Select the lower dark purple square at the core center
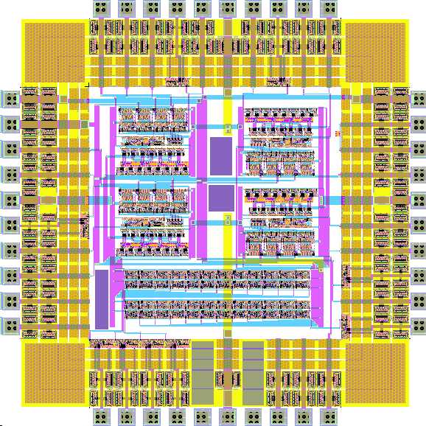(x=220, y=198)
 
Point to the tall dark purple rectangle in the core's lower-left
(x=102, y=298)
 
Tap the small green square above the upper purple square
(x=228, y=128)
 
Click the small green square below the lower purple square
(x=228, y=218)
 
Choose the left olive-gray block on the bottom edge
(x=202, y=372)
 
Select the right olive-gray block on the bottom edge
(x=253, y=372)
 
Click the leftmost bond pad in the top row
(x=102, y=8)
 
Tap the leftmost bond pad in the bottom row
(x=102, y=418)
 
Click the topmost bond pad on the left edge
(x=9, y=98)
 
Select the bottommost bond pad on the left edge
(x=9, y=325)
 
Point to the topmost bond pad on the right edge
(x=417, y=98)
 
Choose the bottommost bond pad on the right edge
(x=417, y=325)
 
